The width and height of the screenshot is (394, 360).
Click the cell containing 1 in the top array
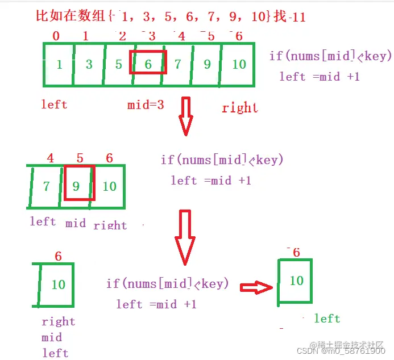coord(59,64)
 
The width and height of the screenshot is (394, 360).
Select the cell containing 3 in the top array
coord(89,64)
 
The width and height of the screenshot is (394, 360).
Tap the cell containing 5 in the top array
coord(118,64)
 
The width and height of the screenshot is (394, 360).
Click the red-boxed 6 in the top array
coord(148,62)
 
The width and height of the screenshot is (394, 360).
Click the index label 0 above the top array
coord(56,36)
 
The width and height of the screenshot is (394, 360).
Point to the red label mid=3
coord(146,104)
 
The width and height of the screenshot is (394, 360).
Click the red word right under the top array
coord(240,107)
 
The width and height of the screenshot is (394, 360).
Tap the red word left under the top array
coord(54,104)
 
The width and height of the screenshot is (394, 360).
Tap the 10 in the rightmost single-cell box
coord(296,281)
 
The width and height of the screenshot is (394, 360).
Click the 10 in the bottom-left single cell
coord(59,284)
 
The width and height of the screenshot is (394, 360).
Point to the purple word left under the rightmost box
coord(327,319)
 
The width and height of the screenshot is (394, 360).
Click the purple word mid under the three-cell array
coord(76,223)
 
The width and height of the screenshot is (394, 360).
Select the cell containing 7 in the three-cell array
coord(46,186)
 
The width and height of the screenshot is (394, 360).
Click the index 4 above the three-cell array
coord(51,158)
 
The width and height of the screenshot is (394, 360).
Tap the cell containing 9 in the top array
coord(207,64)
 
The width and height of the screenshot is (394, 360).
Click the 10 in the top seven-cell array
coord(239,64)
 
